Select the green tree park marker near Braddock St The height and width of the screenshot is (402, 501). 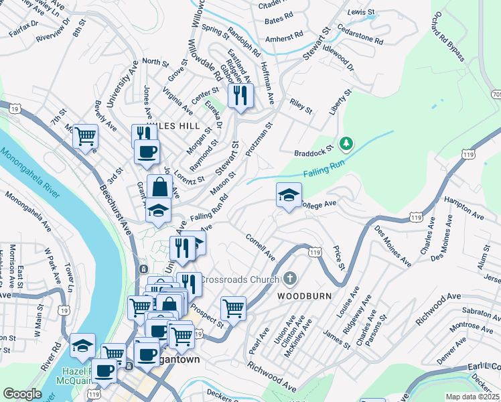(346, 143)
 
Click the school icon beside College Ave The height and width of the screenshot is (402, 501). (289, 195)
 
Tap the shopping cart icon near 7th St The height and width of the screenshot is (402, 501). (86, 137)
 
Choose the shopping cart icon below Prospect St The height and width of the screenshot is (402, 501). (233, 308)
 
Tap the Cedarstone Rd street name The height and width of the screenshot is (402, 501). (360, 36)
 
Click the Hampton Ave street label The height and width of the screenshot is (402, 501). (463, 208)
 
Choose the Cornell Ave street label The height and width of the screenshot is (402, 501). (261, 247)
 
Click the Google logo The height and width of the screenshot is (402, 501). (22, 393)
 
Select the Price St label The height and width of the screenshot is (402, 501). (339, 257)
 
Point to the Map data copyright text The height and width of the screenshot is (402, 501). (473, 397)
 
